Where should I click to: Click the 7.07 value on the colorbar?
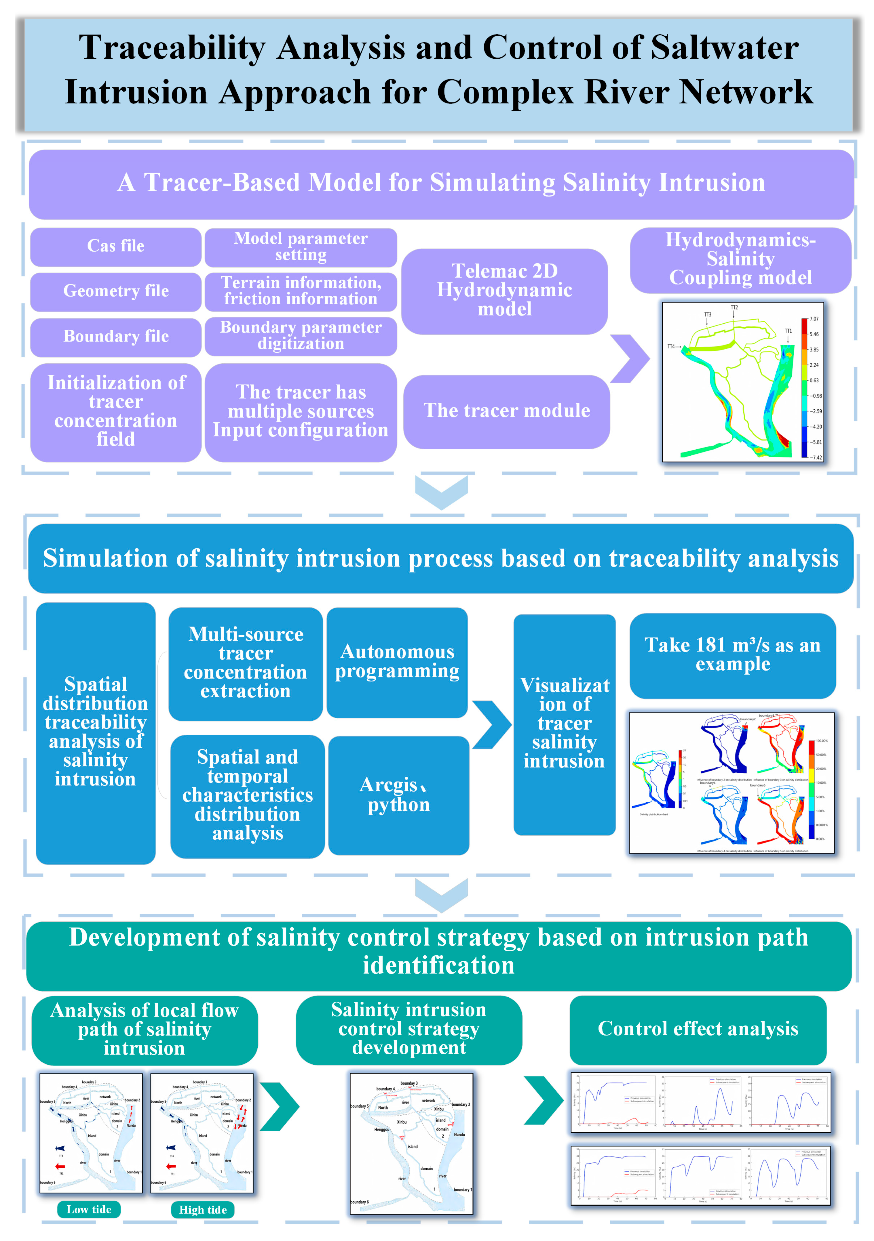(x=814, y=319)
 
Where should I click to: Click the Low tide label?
(x=89, y=1210)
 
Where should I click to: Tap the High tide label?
(x=203, y=1210)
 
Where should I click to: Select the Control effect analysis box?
(x=698, y=1029)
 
